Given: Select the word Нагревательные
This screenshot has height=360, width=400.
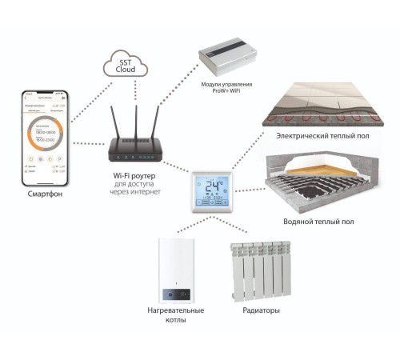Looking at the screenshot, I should point(176,310).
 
